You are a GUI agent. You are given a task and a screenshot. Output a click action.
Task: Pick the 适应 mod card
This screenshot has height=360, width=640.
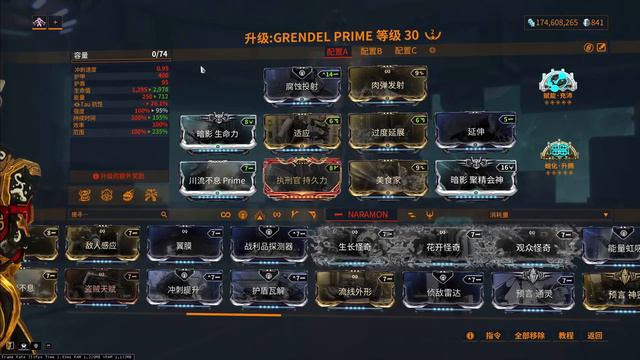point(302,130)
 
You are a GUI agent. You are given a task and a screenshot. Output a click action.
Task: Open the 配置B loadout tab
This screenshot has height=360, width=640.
point(371,50)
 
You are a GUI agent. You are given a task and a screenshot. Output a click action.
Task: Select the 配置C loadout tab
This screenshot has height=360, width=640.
point(405,50)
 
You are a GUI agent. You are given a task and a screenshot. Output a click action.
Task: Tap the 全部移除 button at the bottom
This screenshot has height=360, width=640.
point(530,336)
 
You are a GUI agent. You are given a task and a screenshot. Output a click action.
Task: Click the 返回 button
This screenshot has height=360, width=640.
point(595,336)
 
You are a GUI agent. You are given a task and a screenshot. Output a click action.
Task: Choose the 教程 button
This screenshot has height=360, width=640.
point(566,336)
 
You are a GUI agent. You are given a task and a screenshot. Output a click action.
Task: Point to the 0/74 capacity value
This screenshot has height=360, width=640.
point(159,54)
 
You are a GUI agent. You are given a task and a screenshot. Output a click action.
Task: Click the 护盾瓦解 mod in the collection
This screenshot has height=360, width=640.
point(268,290)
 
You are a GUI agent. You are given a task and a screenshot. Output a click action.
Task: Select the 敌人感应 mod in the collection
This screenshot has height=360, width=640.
point(101,245)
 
